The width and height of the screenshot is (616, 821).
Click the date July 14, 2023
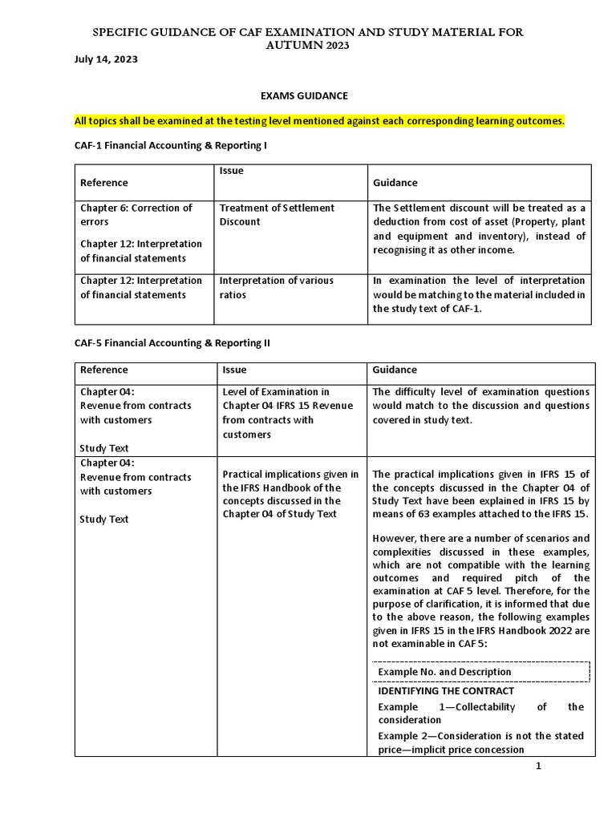(100, 59)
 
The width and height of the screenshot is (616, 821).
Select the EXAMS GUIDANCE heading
(303, 95)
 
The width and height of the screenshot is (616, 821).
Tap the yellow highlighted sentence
(319, 121)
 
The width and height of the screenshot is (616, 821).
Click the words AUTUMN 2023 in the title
(309, 46)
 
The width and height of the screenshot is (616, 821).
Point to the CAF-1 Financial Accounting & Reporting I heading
(170, 146)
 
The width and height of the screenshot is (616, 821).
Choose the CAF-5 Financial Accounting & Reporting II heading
(172, 342)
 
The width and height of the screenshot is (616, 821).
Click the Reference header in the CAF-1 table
(103, 183)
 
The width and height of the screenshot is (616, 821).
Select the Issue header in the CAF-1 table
(231, 171)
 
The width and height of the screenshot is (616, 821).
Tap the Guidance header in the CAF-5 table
(395, 370)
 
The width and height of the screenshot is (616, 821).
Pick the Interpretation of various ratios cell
(276, 288)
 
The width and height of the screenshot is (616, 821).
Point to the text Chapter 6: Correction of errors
(136, 215)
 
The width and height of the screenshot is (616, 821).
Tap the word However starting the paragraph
(398, 538)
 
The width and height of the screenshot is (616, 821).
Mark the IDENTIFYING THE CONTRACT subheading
(446, 690)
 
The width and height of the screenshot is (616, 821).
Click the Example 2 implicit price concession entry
(480, 742)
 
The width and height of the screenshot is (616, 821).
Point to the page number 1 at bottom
(539, 766)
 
